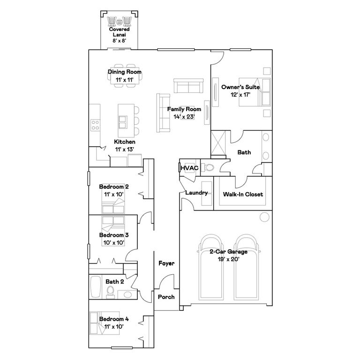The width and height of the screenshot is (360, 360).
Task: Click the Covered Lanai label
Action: pos(119,35)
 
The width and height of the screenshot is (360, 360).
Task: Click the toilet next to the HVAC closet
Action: pos(209,167)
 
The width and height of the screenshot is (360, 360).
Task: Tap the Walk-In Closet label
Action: pos(243,194)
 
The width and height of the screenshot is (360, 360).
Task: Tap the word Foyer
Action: pos(166,263)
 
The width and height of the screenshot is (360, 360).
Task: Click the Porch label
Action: pos(166,297)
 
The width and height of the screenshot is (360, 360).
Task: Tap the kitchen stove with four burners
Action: pos(95,125)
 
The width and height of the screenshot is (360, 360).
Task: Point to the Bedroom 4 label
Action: pos(113,319)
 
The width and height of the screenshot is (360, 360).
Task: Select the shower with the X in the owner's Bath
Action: pos(218,142)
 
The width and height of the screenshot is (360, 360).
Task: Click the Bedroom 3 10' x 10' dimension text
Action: pos(113,242)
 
